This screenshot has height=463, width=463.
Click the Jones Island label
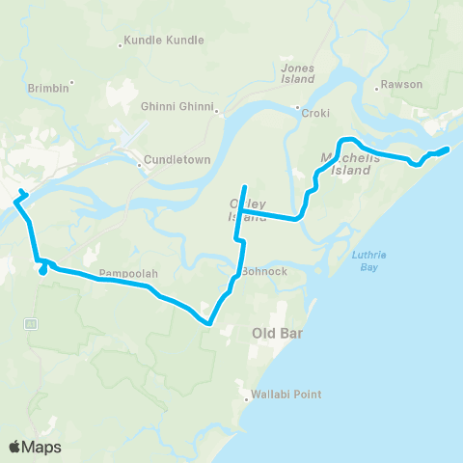click(x=298, y=73)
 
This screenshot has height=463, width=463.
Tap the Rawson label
click(x=401, y=84)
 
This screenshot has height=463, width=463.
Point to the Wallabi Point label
click(x=286, y=395)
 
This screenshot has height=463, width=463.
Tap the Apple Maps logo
click(x=35, y=447)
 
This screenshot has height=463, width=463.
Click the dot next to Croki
click(x=298, y=107)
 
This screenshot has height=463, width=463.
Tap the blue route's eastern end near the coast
click(x=448, y=149)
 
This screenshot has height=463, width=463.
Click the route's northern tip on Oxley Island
click(x=244, y=186)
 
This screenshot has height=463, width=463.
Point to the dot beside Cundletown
click(x=141, y=165)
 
